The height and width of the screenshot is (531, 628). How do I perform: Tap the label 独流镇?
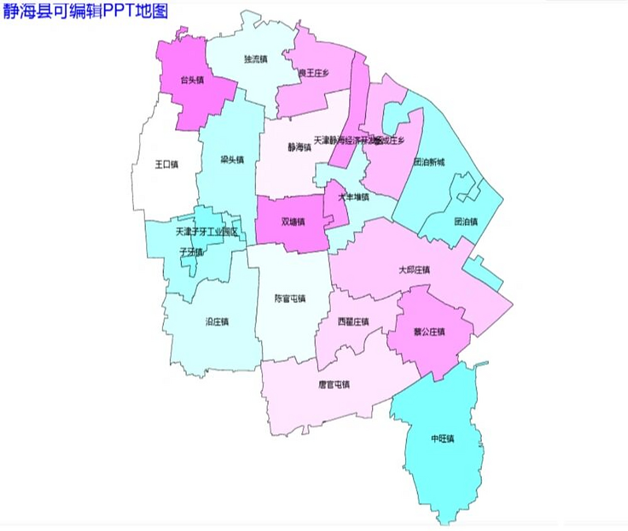point(256,59)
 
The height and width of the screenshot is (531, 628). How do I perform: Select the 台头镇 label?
point(192,80)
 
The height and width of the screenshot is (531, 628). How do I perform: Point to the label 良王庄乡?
point(314,73)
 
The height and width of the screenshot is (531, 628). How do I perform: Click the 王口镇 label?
point(166,164)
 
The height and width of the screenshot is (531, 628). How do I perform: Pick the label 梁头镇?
point(232,160)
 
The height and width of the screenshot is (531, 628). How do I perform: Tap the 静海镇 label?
point(300,146)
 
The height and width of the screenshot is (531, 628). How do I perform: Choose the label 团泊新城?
point(429,162)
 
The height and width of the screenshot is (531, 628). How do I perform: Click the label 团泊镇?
point(466,222)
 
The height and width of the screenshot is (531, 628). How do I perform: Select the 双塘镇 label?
point(293,221)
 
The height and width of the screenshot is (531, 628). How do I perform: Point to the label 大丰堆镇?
point(353,197)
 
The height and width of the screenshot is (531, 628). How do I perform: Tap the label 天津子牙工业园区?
point(207,231)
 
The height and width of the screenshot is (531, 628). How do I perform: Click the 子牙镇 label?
point(191,251)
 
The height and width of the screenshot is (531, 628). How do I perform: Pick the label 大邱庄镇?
point(414,270)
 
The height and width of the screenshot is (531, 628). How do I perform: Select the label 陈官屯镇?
point(290,298)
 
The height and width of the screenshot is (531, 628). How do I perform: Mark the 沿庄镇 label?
point(217,322)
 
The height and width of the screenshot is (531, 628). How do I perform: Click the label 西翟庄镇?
point(353,322)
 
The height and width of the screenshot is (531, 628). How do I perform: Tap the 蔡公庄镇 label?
point(429,331)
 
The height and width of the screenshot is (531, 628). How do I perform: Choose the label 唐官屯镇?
point(334,384)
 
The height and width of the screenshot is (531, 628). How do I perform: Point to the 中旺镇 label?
point(442,438)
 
